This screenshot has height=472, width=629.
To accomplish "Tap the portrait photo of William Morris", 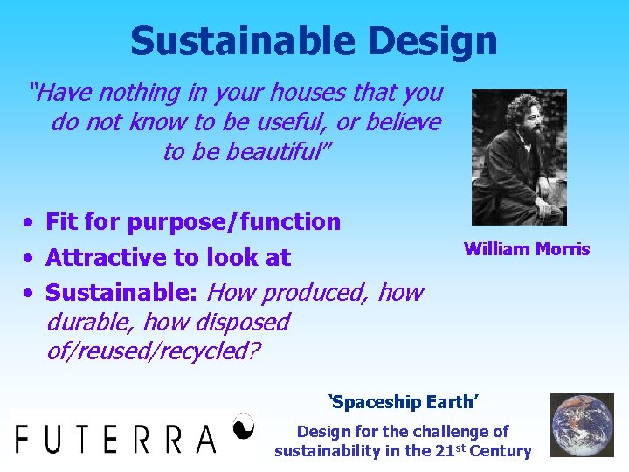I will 519,157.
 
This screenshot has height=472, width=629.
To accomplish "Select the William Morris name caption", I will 527,249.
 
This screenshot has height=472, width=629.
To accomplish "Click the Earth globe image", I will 582,426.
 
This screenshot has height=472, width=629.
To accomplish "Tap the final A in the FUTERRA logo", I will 205,437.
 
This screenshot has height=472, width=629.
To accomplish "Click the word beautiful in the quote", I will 277,152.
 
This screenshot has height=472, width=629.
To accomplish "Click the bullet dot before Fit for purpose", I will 30,222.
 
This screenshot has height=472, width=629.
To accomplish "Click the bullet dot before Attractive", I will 30,258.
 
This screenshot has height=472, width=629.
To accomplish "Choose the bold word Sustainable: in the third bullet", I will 123,292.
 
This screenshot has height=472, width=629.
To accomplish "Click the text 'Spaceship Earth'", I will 403,403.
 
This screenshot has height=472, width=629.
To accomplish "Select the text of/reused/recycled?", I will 149,351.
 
